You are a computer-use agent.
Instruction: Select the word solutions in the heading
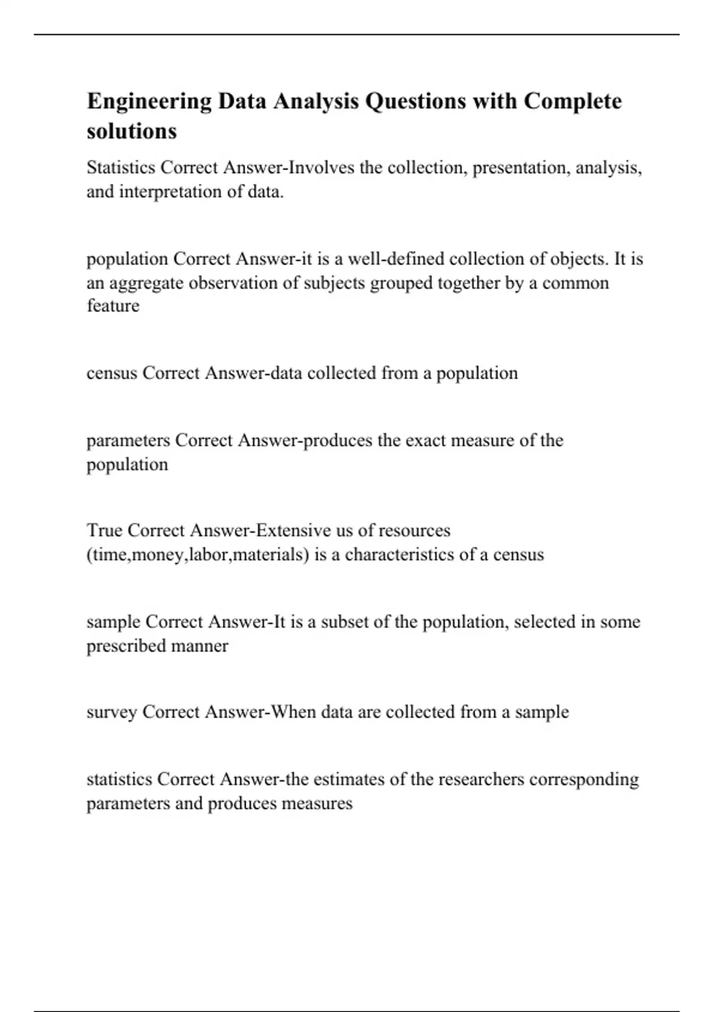131,132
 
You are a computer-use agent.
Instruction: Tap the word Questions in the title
415,102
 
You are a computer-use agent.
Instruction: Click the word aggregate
146,283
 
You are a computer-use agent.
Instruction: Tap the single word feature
113,306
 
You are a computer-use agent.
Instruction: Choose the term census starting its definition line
112,373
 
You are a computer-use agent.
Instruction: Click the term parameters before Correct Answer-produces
128,441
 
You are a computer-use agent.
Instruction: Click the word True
104,530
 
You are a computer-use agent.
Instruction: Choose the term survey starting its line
112,712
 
